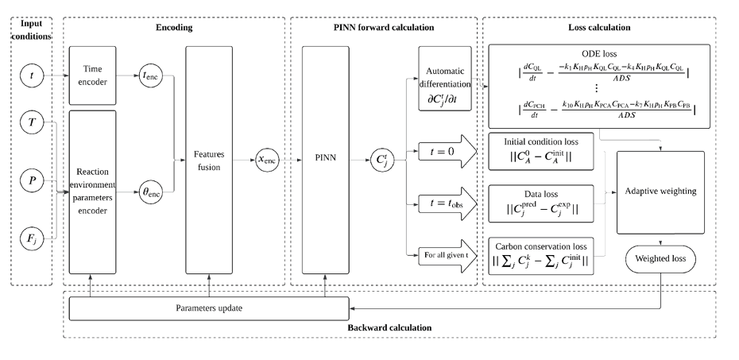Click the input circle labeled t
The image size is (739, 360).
(31, 78)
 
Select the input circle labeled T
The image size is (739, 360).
(31, 123)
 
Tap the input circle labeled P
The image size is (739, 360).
(31, 180)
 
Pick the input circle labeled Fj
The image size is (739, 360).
(31, 237)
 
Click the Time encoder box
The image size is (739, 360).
(93, 75)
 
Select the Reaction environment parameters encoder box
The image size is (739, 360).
(93, 190)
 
